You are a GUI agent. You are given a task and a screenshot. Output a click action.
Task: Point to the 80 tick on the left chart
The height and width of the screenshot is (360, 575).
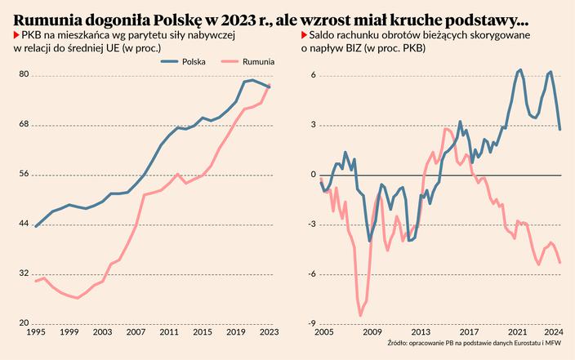(x=24, y=75)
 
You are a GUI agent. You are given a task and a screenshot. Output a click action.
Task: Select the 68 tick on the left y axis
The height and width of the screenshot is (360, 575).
(x=24, y=125)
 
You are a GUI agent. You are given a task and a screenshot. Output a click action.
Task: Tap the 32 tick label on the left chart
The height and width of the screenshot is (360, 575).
(x=24, y=273)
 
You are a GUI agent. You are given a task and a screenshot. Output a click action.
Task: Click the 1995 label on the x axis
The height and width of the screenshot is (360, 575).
(x=35, y=332)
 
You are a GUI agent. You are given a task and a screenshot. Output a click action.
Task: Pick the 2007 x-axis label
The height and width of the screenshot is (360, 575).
(x=136, y=332)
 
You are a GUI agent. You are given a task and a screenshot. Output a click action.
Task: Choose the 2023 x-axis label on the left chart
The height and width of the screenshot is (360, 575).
(x=270, y=332)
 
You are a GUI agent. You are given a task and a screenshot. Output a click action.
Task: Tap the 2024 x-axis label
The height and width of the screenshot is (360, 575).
(x=555, y=332)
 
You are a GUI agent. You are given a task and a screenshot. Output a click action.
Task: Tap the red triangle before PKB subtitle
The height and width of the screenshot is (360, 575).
(x=16, y=36)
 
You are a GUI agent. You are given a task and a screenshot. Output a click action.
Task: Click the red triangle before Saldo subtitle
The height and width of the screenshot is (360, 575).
(x=303, y=36)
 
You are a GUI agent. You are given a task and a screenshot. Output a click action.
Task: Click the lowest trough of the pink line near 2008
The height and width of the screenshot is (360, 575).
(x=361, y=315)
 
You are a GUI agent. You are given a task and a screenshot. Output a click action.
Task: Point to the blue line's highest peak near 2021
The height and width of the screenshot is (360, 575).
(x=520, y=69)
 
